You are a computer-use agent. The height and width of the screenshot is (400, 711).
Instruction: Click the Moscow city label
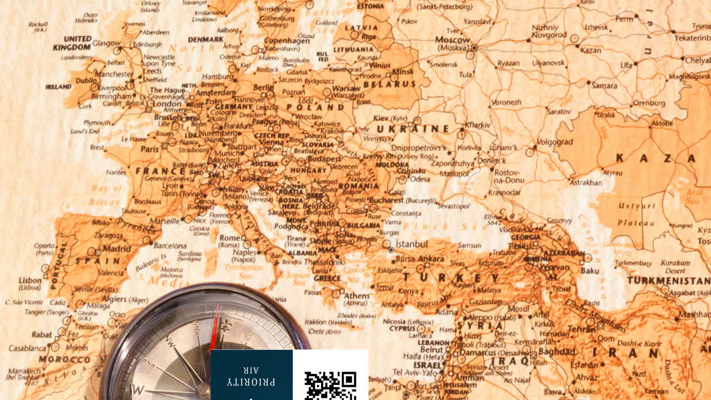pos(452,40)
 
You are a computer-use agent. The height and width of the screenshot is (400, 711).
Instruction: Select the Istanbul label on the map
pos(412,244)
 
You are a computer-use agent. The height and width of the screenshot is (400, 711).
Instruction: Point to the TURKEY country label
pos(450,278)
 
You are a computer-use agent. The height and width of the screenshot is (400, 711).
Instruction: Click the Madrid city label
pos(117,249)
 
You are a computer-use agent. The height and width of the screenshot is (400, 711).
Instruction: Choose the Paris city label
pos(149,149)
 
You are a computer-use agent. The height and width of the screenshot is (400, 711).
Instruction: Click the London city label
pos(167,104)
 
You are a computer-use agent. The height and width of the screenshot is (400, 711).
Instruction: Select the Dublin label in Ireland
pos(86,80)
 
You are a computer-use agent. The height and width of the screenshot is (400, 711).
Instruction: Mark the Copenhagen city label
pos(287,41)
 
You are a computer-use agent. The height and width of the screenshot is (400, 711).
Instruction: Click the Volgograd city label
pos(553,142)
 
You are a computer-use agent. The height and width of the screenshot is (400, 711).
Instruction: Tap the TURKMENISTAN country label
pos(668,281)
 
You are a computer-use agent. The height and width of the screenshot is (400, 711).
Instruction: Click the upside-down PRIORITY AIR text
pos(252,376)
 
